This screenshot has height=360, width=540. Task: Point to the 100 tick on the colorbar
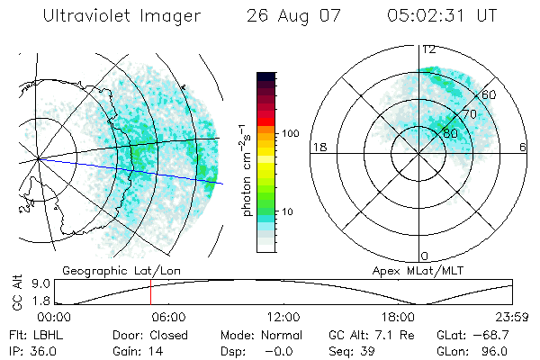(288, 133)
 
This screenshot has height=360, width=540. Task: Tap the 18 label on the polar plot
(318, 148)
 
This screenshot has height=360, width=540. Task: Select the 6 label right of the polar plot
(523, 148)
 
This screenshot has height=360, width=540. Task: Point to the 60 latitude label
(490, 94)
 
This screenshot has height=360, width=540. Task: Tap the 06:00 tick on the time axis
(167, 318)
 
